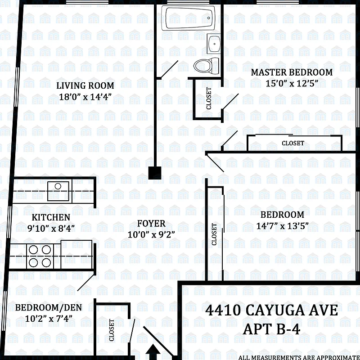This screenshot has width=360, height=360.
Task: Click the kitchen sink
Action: tap(58, 186)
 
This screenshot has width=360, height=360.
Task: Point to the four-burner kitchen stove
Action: tap(40, 256)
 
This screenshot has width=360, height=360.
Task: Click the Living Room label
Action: tap(85, 85)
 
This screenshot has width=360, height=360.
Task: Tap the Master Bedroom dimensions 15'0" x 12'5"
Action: tap(292, 83)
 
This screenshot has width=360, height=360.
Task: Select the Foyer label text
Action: tap(151, 224)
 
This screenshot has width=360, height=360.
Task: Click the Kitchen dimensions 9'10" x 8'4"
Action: tap(50, 228)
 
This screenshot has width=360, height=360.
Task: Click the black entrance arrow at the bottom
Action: tap(154, 351)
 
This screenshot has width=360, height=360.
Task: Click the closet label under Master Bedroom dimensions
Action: tap(293, 143)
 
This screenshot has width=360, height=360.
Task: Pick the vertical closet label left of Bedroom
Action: tap(215, 234)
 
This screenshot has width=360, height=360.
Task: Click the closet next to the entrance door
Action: tap(112, 330)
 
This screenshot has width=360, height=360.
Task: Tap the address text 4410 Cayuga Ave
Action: tap(271, 310)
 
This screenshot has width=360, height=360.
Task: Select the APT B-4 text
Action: tap(271, 329)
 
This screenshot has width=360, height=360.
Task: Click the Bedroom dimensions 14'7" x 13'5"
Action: tap(282, 226)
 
